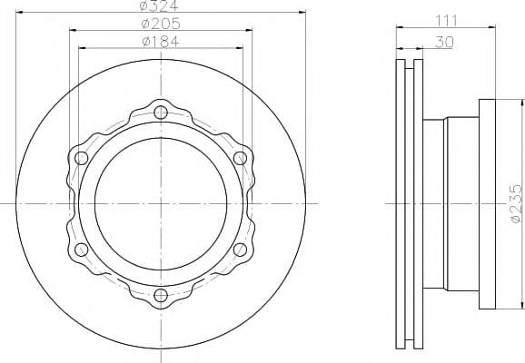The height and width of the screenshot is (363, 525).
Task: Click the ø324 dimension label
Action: tap(159, 5)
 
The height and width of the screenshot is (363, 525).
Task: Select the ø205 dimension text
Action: tap(161, 24)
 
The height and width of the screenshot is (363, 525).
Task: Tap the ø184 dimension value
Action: tap(161, 42)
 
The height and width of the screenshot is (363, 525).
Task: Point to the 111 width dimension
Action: tap(446, 21)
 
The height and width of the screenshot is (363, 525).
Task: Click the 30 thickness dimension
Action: tap(444, 42)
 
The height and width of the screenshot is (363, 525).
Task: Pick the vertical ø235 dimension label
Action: tap(516, 203)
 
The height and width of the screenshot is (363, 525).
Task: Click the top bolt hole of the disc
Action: tap(161, 113)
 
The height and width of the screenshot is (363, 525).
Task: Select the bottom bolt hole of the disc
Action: tap(161, 295)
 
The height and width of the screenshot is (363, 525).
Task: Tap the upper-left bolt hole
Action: tap(82, 158)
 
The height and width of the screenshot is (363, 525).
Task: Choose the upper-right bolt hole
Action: tap(240, 158)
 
